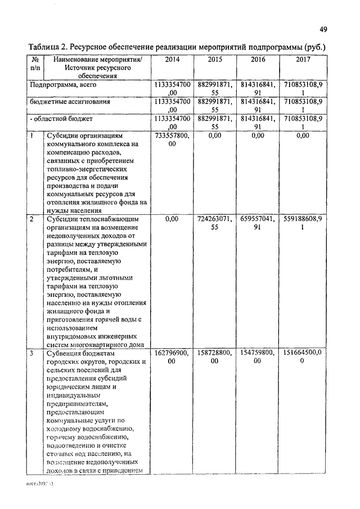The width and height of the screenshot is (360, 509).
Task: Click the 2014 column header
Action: [173, 58]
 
